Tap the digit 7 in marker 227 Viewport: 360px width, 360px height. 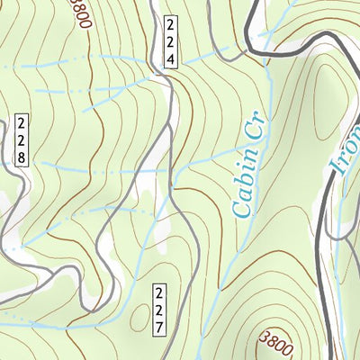(158, 325)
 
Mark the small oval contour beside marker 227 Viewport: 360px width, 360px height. (139, 315)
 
